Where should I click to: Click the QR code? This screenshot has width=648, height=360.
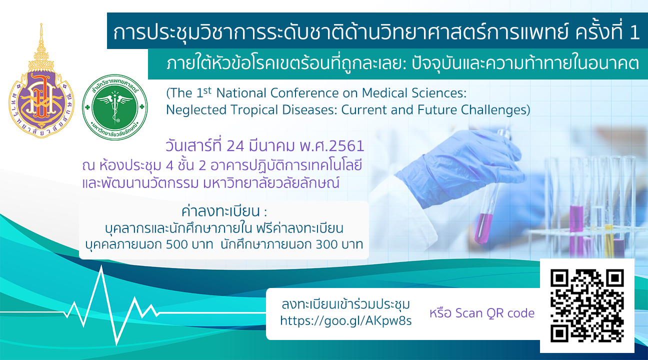pos(587,305)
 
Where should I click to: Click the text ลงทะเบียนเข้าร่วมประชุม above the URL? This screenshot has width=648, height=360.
pos(346,304)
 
